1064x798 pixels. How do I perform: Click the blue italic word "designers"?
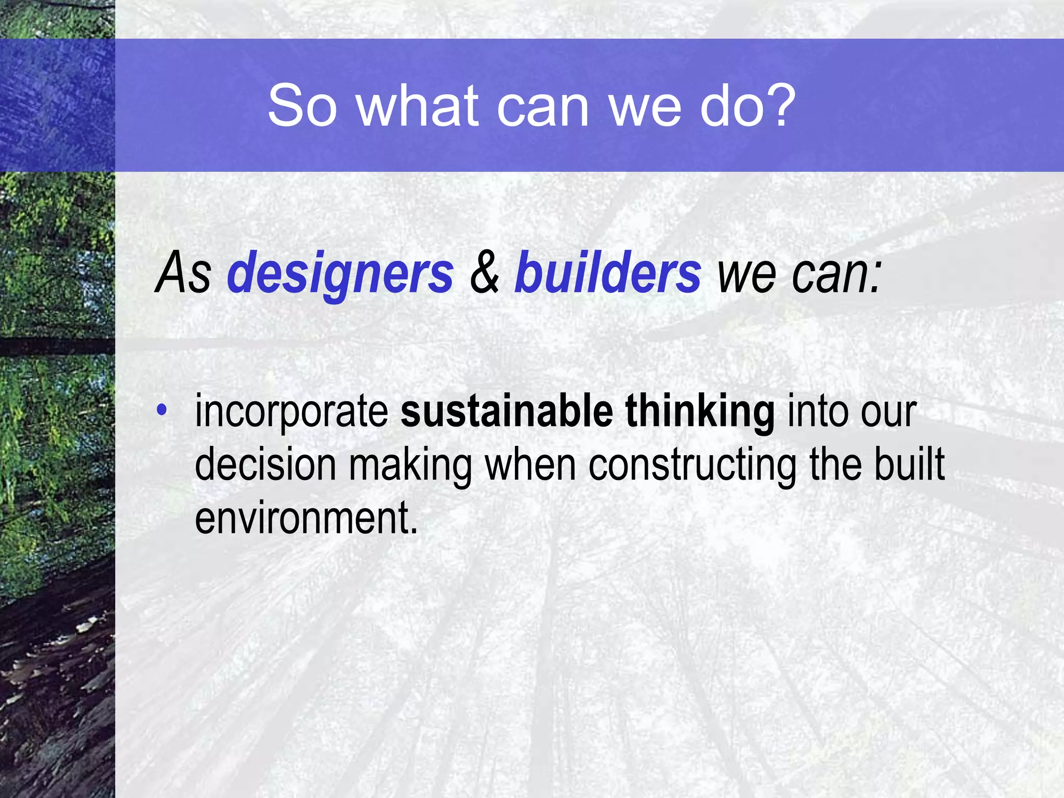click(x=340, y=273)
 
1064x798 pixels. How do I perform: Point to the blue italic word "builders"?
click(x=607, y=273)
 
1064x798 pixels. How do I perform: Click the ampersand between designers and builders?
click(x=484, y=273)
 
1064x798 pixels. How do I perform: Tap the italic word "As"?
click(x=183, y=273)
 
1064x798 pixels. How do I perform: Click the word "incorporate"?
click(x=291, y=412)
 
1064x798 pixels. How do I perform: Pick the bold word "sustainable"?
click(x=507, y=411)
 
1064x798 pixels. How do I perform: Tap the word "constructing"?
click(x=692, y=465)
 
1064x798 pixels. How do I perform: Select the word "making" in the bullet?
click(x=410, y=465)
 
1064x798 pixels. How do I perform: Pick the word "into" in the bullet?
click(x=818, y=411)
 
